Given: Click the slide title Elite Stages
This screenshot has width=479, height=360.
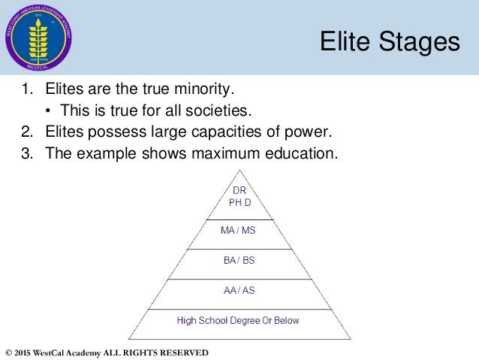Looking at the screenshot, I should [x=389, y=41].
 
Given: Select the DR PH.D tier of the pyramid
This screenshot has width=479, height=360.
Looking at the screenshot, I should [x=238, y=197].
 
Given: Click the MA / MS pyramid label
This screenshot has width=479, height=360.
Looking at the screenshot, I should [x=238, y=230].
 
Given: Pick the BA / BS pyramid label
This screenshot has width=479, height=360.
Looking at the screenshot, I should [x=238, y=260].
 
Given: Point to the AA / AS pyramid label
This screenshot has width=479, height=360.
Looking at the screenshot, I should [x=238, y=290].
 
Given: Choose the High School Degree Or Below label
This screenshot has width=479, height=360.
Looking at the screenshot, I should [x=238, y=321].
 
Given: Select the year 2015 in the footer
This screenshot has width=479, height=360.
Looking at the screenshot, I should [x=25, y=352].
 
